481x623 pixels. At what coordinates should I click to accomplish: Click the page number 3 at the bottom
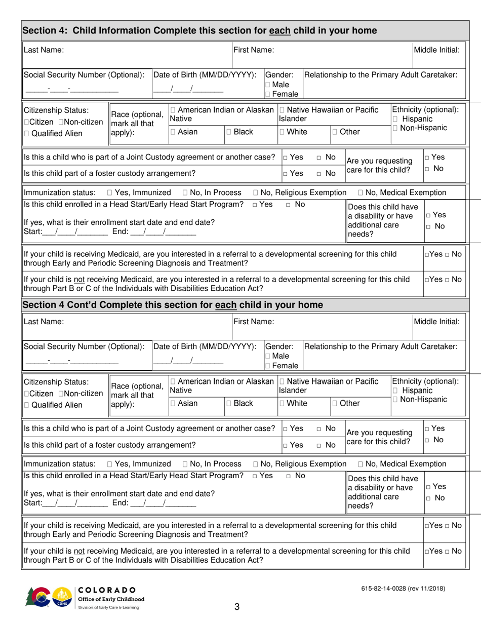click(x=236, y=607)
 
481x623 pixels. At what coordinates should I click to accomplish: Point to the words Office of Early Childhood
click(x=110, y=599)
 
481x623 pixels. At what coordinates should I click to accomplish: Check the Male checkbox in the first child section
click(x=268, y=84)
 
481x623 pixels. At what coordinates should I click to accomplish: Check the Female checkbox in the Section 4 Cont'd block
click(x=268, y=366)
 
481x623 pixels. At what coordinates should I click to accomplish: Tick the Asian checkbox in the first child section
click(x=174, y=132)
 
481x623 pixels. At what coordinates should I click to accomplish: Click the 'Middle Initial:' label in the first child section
click(x=437, y=50)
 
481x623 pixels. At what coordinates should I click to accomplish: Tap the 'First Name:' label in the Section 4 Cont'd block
click(x=253, y=322)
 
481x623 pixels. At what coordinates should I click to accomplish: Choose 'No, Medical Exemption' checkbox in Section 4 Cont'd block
click(x=361, y=464)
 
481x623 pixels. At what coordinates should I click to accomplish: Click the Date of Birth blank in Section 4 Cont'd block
click(x=188, y=362)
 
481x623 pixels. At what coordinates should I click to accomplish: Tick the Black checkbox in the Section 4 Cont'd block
click(x=229, y=404)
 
